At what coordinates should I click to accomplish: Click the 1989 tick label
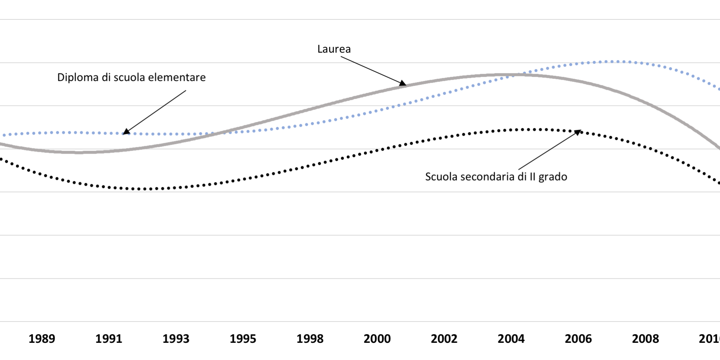point(42,339)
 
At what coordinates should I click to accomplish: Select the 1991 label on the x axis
point(109,339)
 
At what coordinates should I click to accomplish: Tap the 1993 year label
point(176,339)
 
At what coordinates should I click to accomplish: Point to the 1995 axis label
point(243,339)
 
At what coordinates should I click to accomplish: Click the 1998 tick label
point(310,339)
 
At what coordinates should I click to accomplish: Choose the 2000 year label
point(377,339)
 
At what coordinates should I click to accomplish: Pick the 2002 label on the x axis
point(444,339)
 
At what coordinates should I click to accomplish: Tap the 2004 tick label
point(511,339)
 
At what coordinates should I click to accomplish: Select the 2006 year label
point(578,339)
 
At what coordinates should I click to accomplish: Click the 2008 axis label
point(645,339)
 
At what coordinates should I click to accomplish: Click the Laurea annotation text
point(334,49)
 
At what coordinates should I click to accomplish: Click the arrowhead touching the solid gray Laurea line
point(403,84)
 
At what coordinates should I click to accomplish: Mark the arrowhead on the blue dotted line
point(126,131)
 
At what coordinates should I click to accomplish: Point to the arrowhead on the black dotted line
point(578,132)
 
